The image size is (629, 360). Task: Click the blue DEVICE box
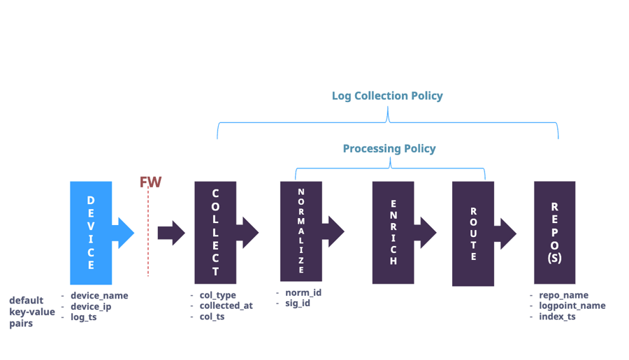[91, 232]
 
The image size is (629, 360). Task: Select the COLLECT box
[215, 232]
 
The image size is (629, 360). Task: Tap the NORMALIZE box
[301, 231]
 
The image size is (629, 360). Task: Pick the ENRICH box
[393, 232]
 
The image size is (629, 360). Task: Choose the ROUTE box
[473, 233]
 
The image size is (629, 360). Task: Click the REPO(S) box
[554, 232]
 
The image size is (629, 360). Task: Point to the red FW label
[150, 182]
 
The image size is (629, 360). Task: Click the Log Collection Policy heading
[387, 96]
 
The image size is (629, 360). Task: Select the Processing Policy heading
[389, 149]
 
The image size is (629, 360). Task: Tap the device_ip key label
[91, 306]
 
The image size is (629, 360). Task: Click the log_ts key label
[83, 317]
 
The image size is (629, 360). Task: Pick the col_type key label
[217, 295]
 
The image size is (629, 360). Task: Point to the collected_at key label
[226, 305]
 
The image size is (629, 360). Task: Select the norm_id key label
[303, 292]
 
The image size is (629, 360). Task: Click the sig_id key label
[298, 303]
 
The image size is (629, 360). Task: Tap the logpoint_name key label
[572, 305]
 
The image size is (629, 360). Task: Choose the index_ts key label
[557, 317]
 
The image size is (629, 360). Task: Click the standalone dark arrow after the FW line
[171, 233]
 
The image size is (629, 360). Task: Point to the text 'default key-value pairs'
[31, 312]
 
